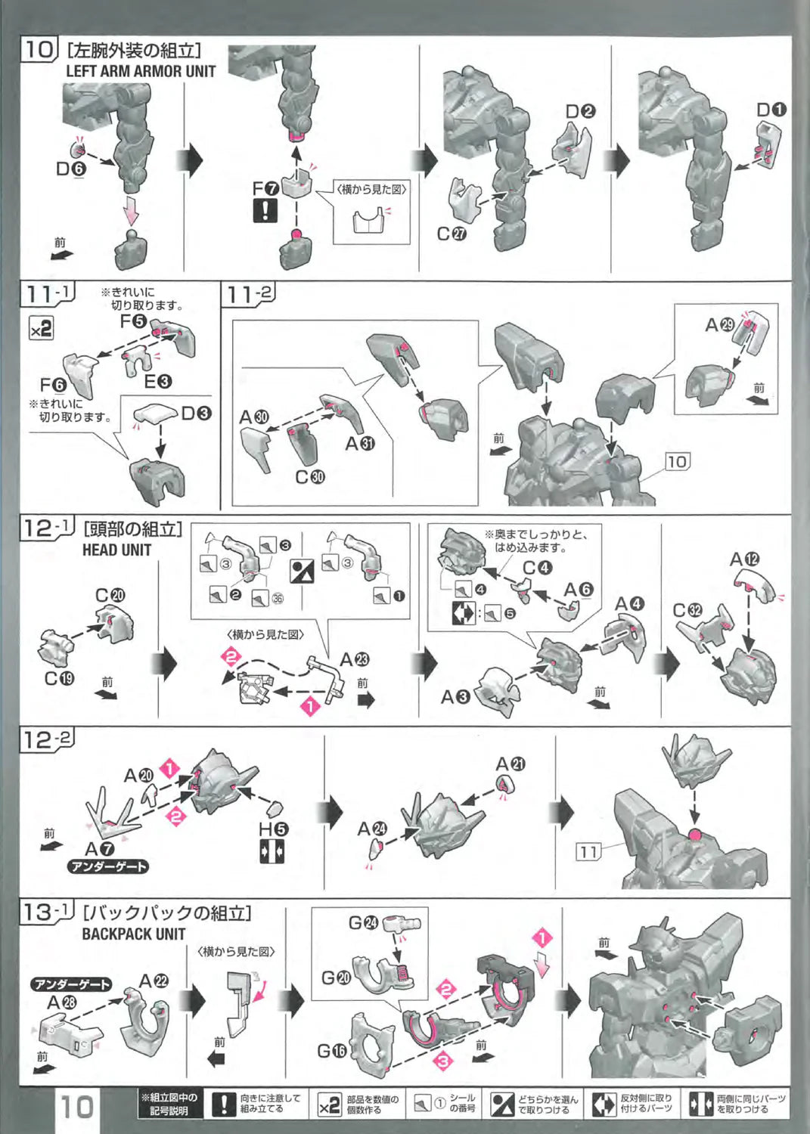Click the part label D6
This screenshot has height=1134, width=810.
(x=71, y=169)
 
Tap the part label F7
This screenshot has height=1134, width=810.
(x=265, y=187)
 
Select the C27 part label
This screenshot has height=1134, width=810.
(x=452, y=234)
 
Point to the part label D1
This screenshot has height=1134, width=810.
(x=771, y=110)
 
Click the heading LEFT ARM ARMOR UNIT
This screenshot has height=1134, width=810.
(x=141, y=71)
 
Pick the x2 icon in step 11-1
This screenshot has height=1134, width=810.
(x=41, y=328)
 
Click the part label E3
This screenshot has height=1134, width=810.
(x=157, y=382)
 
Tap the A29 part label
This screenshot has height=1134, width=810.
(x=719, y=324)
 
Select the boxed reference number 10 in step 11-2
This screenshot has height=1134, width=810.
(x=677, y=461)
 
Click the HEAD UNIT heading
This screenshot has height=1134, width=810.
(x=116, y=550)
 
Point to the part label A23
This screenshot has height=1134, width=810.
(x=354, y=660)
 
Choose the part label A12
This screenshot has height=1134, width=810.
(x=743, y=559)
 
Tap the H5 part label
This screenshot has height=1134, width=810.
(x=273, y=829)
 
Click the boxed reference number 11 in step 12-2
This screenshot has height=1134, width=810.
(x=588, y=852)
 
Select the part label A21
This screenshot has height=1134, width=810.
(x=511, y=764)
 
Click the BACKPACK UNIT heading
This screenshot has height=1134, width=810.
(x=134, y=934)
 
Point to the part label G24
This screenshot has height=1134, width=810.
(x=362, y=922)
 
